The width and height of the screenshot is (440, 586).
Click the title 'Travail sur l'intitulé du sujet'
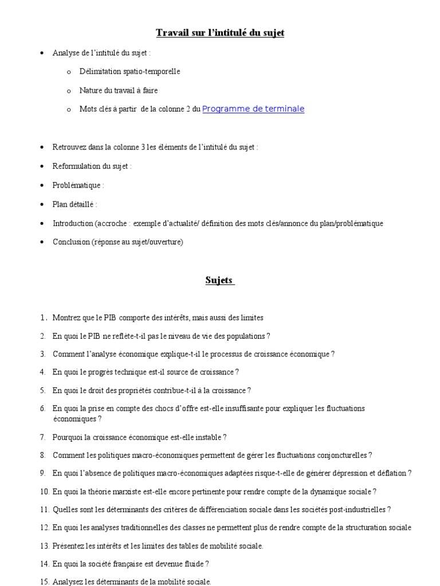[220, 33]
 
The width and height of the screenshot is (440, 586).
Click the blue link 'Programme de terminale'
[253, 109]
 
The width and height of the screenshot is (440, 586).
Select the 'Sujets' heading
[219, 280]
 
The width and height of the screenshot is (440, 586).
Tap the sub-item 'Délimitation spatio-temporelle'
[129, 72]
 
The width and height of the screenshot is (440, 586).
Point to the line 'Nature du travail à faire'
[119, 90]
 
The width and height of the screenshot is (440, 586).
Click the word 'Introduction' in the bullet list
[72, 223]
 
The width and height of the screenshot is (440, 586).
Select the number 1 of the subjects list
[43, 318]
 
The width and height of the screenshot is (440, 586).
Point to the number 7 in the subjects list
[43, 437]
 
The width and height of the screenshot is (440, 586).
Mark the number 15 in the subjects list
[45, 582]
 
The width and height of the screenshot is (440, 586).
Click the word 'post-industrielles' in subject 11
[359, 509]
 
